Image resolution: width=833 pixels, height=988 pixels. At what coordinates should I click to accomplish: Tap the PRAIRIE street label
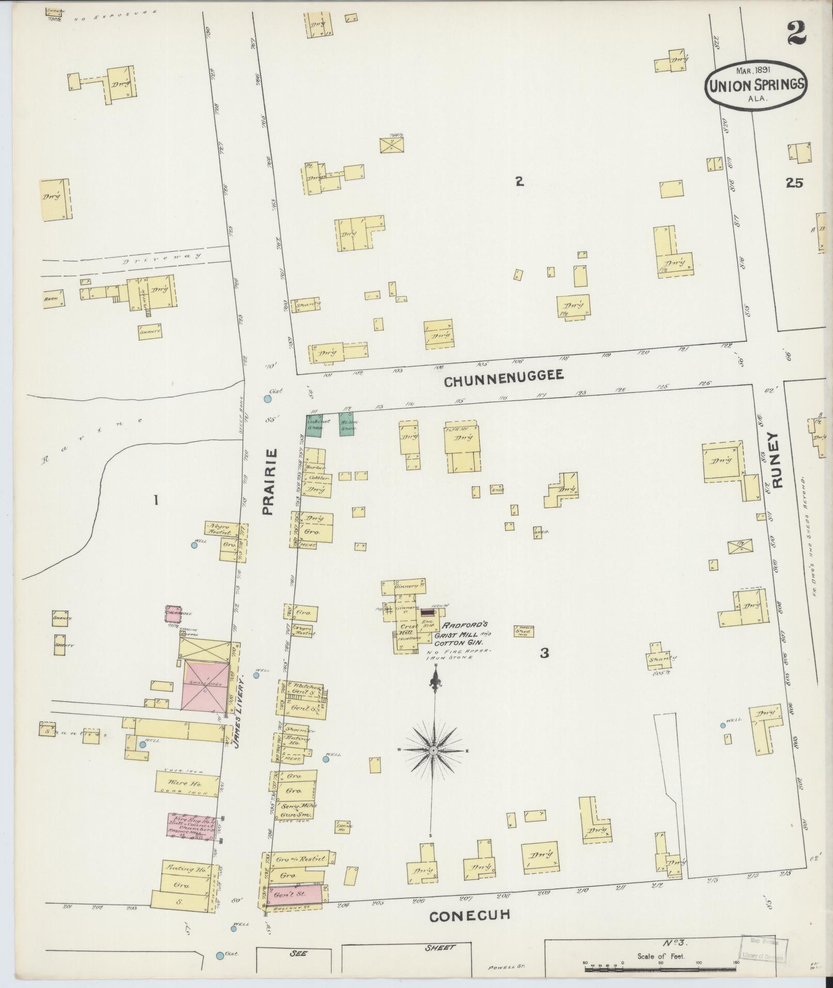pyautogui.click(x=270, y=482)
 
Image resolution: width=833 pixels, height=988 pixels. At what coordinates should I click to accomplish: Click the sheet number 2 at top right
pyautogui.click(x=797, y=35)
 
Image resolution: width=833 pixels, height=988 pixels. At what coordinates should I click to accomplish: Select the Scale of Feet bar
pyautogui.click(x=661, y=969)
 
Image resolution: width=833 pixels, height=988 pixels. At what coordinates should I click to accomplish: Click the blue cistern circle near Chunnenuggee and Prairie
pyautogui.click(x=267, y=399)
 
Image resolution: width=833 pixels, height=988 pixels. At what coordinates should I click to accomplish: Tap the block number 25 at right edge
pyautogui.click(x=795, y=183)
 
